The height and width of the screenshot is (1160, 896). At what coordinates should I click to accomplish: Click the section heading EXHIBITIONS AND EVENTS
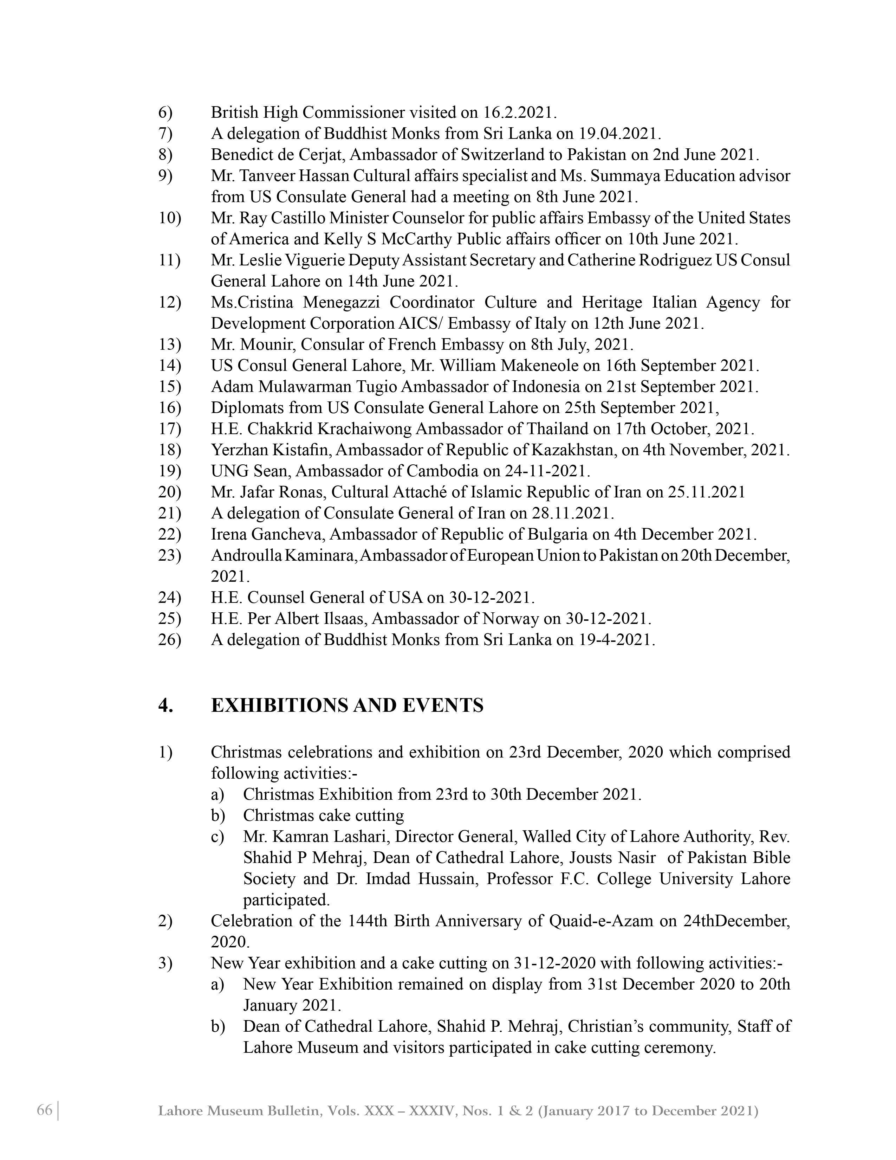click(x=347, y=706)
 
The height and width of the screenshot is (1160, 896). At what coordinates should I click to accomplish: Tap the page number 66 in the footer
click(x=45, y=1110)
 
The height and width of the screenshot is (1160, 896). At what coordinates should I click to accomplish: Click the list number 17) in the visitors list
click(x=169, y=428)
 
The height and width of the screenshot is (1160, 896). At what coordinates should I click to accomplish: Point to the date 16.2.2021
click(x=519, y=112)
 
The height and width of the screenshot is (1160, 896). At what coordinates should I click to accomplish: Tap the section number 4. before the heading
click(x=165, y=706)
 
